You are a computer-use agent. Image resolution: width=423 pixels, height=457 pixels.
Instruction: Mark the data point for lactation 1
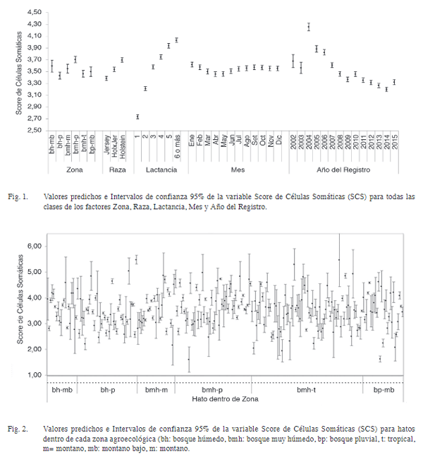coord(137,117)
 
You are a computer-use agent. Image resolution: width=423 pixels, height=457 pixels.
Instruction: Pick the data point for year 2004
coord(309,27)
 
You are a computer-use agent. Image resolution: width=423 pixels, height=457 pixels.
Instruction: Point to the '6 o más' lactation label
coord(176,150)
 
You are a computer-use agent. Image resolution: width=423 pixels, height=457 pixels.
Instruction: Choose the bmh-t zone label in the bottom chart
coord(306,389)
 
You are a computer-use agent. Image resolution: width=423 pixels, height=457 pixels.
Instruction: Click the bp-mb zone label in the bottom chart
coord(384,389)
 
